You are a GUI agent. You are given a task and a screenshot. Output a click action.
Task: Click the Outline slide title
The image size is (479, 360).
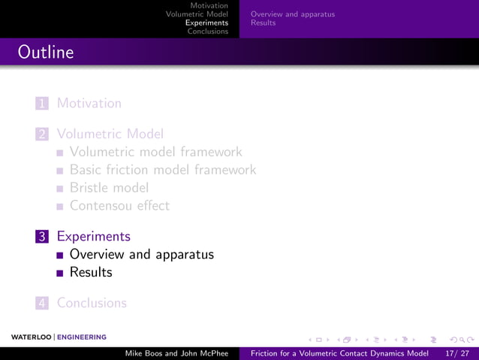[x=46, y=53]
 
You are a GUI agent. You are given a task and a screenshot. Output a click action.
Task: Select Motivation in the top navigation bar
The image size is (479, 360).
[x=209, y=6]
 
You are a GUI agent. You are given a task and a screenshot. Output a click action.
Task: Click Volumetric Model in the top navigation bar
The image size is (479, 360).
[x=197, y=14]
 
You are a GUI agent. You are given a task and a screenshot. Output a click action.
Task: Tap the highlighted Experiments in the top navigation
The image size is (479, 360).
[x=206, y=23]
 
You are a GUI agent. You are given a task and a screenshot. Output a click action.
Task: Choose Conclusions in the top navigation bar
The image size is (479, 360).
[x=208, y=31]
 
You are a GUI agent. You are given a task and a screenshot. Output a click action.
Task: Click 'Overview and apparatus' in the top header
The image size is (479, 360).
[x=293, y=14]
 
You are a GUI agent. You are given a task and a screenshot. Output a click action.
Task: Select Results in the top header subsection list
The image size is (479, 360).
[x=263, y=23]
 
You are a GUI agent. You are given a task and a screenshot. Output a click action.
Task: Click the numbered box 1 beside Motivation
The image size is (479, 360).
[x=44, y=103]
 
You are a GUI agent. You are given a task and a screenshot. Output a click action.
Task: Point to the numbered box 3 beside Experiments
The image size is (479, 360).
[x=44, y=236]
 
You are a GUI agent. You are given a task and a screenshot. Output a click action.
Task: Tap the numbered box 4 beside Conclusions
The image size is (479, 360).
[x=44, y=303]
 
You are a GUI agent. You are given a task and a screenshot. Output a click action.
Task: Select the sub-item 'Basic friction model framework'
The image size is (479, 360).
[x=163, y=170]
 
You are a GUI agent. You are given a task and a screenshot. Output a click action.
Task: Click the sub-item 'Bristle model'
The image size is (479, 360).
[x=109, y=188]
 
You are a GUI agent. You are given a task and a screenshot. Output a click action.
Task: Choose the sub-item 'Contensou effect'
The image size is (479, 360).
[x=119, y=205]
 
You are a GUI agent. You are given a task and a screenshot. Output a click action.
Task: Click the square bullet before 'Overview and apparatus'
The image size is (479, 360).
[x=60, y=255]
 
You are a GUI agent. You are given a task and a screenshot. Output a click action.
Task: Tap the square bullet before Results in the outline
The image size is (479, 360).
[x=60, y=273]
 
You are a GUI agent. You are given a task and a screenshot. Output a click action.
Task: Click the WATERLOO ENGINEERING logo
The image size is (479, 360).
[x=59, y=337]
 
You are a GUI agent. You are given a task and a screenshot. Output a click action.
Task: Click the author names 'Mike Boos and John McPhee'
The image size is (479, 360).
[x=176, y=353]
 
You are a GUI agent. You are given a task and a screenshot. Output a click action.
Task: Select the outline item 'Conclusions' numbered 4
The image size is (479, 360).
[x=92, y=303]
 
